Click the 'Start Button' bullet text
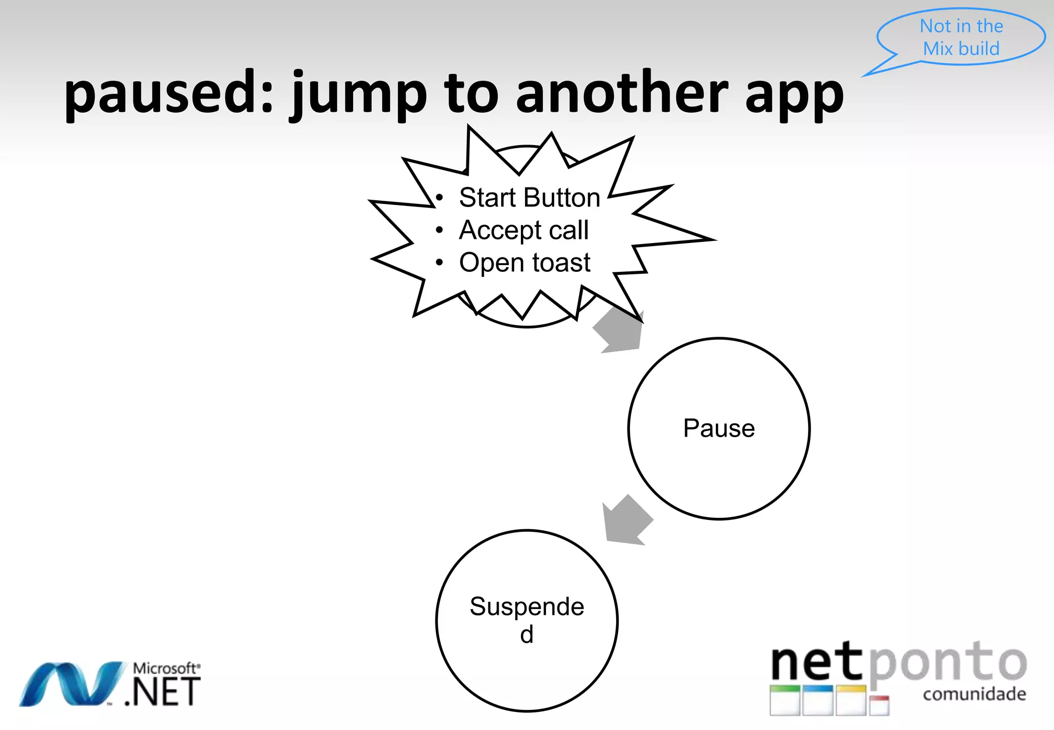click(529, 198)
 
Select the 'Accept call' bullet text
click(523, 230)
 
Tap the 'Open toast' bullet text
click(524, 263)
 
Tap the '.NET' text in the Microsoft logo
click(162, 692)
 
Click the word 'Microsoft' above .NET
click(165, 668)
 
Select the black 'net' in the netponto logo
click(816, 664)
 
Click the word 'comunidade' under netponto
click(974, 694)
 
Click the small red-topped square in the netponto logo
click(879, 705)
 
